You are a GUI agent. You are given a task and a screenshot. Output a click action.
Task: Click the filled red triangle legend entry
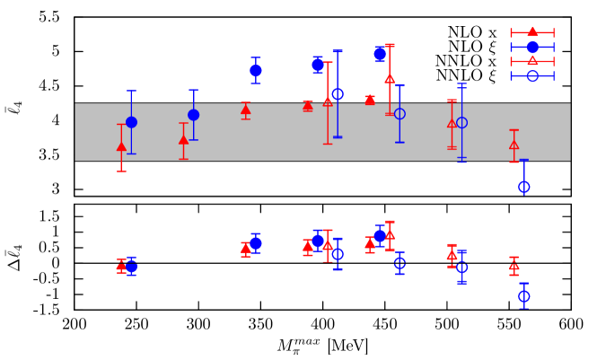coord(532,32)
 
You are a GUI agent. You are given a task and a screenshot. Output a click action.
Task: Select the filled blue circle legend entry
coord(532,47)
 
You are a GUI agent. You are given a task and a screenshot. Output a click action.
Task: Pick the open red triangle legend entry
coord(532,61)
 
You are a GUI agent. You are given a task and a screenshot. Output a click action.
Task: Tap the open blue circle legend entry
coord(532,75)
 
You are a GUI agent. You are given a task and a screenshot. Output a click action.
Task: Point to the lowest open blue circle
coord(523,296)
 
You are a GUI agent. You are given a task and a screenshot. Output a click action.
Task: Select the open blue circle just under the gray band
coord(523,187)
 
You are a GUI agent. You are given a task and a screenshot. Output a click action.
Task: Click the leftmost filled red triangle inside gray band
coord(121,146)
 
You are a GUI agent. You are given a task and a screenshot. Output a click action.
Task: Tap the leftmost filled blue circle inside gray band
coord(131,122)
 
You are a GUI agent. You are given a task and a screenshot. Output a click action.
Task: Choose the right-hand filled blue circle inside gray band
coord(193,115)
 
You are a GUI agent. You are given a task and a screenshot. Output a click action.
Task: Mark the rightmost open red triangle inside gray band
coord(514,145)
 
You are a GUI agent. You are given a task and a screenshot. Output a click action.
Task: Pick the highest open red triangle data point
coord(390,79)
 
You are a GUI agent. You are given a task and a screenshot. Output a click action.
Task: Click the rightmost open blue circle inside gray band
coord(461,123)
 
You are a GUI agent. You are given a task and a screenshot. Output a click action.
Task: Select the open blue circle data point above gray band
coord(338,94)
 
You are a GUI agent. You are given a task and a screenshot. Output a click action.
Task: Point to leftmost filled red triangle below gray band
coord(121,266)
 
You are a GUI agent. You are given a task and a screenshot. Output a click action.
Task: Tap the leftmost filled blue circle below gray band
coord(131,267)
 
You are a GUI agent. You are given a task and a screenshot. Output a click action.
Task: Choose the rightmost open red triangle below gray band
coord(514,266)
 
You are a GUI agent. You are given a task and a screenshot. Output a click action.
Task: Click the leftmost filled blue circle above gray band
coord(256,70)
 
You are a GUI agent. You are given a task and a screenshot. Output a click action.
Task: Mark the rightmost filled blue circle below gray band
coord(380,235)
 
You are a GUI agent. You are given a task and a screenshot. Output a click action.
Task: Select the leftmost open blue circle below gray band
coord(338,254)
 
